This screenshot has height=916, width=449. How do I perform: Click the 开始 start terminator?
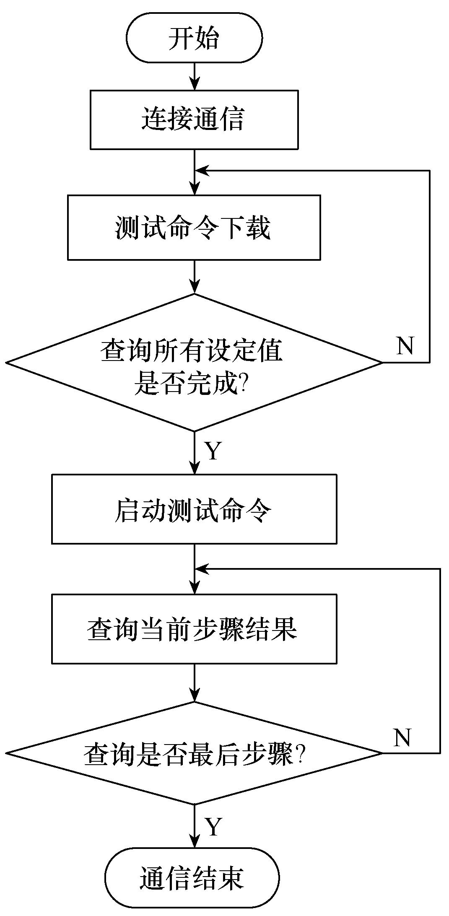click(194, 38)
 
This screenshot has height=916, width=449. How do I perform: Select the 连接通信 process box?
click(194, 119)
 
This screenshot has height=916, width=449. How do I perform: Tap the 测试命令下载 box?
click(194, 227)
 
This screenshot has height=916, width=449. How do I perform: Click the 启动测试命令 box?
click(194, 509)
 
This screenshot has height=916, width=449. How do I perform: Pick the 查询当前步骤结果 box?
click(194, 629)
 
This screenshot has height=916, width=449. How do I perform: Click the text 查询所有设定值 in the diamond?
click(191, 351)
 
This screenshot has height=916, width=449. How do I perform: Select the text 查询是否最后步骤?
click(194, 754)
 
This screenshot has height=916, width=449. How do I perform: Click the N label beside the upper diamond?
click(405, 345)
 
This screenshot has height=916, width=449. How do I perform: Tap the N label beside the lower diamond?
click(402, 737)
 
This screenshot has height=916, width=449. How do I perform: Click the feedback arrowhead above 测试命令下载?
click(202, 171)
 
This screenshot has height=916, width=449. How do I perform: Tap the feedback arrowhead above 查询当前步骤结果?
click(202, 569)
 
